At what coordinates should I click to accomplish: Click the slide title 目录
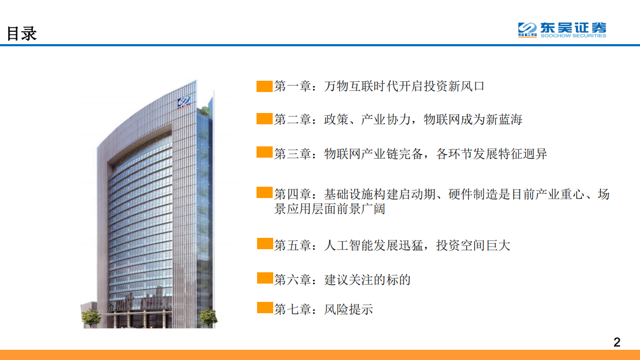(22, 33)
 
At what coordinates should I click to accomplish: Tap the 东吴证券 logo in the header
(561, 30)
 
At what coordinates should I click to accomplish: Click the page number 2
(617, 342)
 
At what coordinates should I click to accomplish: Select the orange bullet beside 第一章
(265, 86)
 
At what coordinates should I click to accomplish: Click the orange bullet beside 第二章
(265, 119)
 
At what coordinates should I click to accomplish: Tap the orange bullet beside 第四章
(265, 193)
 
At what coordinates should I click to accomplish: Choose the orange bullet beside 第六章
(265, 278)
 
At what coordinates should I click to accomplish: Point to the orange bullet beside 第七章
(265, 308)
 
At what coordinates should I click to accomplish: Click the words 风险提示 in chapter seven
(349, 309)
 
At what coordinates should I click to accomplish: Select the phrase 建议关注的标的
(367, 280)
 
